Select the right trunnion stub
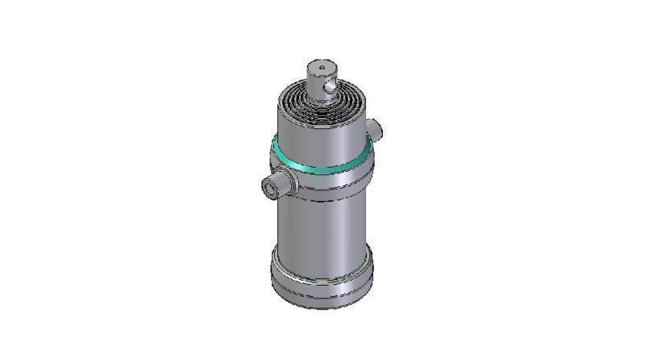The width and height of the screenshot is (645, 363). (x=374, y=128)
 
